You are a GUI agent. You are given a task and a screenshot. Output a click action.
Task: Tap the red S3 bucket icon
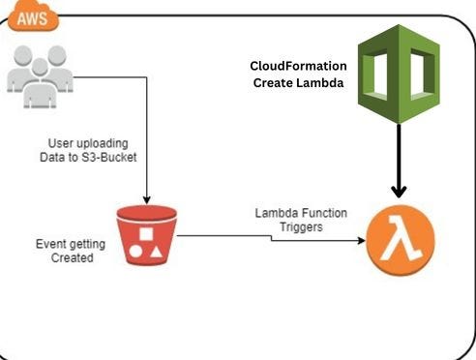pos(146,234)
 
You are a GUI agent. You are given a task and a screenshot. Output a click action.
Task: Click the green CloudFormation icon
pos(399,75)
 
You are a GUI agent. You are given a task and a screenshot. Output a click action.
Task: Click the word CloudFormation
pos(297,67)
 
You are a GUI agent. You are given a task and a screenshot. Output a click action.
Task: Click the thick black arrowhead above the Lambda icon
pos(399,191)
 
